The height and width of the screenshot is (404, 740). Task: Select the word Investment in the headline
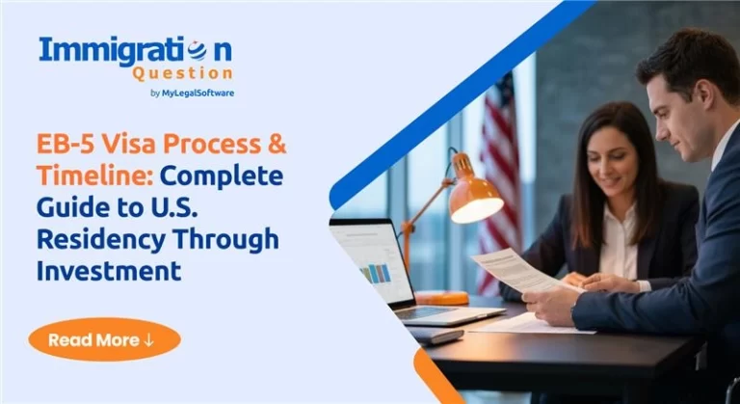tap(109, 270)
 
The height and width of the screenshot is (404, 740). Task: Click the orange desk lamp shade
tap(475, 198)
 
